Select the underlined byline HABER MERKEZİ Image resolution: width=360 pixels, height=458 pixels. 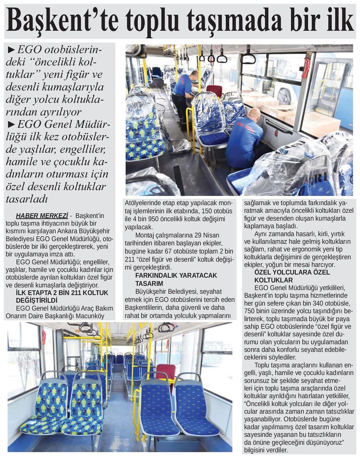tap(42, 216)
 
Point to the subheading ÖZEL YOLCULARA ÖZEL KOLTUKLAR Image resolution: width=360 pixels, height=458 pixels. tap(292, 276)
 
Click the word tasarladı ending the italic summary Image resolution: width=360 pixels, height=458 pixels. tap(27, 199)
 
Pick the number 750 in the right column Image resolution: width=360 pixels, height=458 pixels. tap(250, 311)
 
